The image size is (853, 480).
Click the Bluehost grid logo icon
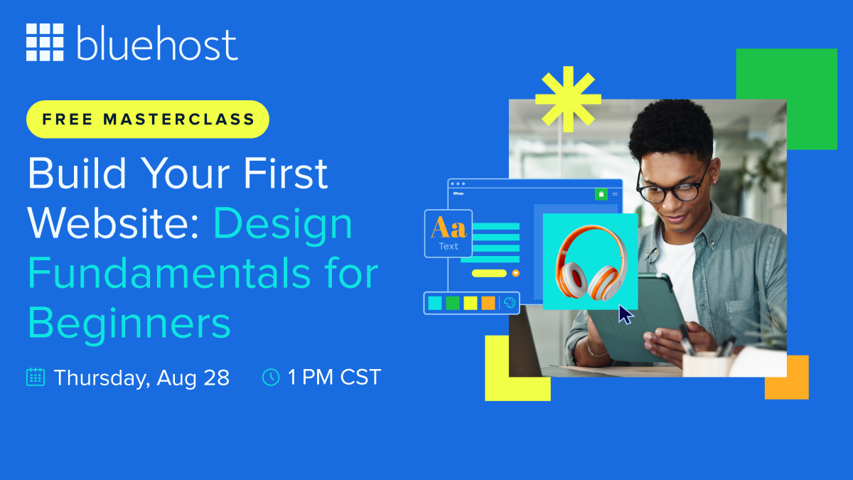(x=45, y=42)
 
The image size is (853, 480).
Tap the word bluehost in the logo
(x=157, y=43)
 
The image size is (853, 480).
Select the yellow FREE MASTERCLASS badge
(x=148, y=119)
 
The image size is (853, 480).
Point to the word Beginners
(x=129, y=323)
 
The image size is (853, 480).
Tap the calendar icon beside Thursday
(x=36, y=377)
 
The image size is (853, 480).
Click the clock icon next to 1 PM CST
(x=271, y=377)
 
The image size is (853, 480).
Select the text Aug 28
(x=193, y=378)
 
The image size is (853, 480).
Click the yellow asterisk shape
(x=568, y=100)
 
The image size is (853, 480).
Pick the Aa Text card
(x=449, y=233)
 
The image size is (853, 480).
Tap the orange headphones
(x=591, y=262)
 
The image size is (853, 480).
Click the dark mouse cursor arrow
(x=626, y=314)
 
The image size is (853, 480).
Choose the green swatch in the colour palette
(x=452, y=303)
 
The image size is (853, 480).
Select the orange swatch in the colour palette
(x=488, y=303)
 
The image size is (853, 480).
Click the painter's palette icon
(x=510, y=303)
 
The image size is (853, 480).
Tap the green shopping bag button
(x=601, y=194)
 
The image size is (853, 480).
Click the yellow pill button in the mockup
(x=489, y=273)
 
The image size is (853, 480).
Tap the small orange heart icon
(x=515, y=273)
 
